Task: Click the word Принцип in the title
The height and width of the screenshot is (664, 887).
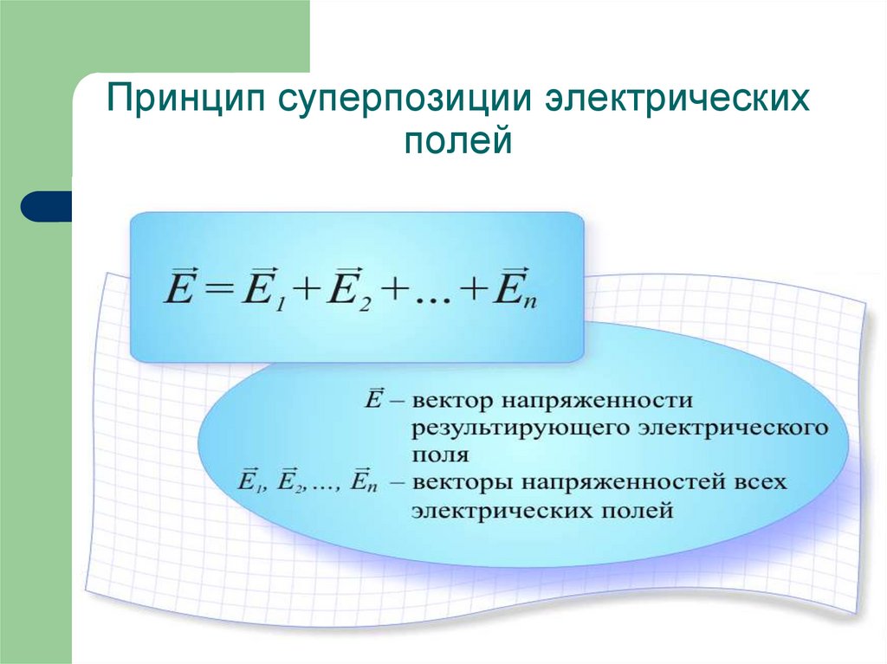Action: click(186, 98)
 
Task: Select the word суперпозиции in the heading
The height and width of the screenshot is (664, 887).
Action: click(405, 98)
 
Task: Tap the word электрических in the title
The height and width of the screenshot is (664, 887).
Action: click(677, 98)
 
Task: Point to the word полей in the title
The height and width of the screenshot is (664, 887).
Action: click(458, 141)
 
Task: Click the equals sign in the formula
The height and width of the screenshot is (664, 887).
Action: click(219, 295)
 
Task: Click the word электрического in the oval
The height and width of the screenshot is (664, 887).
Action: click(733, 429)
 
